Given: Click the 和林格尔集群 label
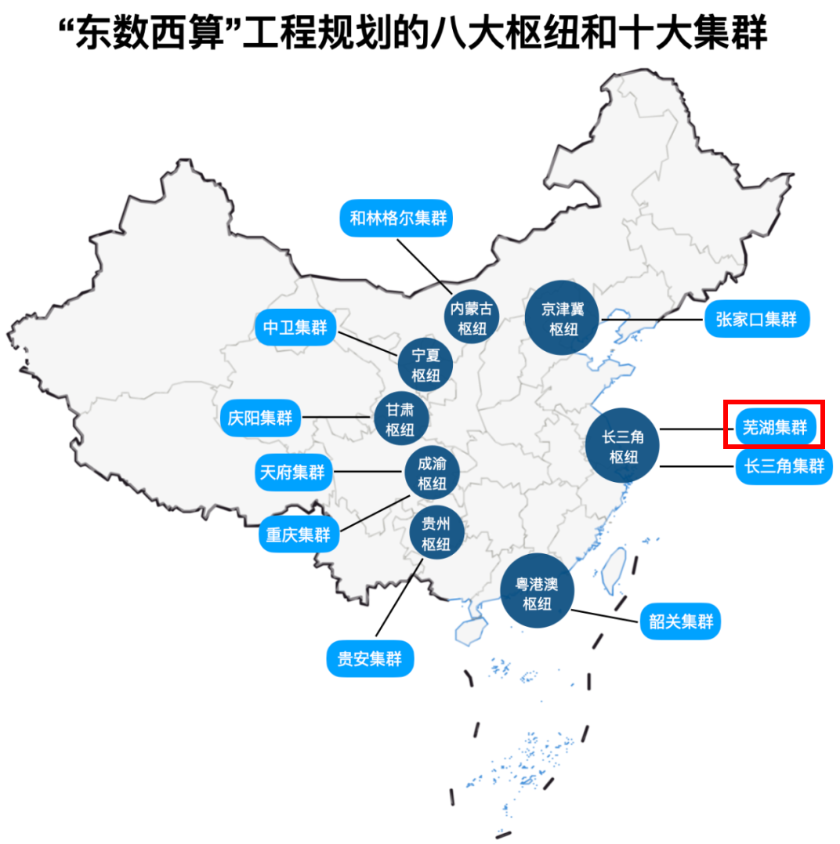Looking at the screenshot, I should click(397, 218).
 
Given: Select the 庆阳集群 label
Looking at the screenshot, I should click(259, 418).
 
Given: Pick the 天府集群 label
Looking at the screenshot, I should click(292, 473).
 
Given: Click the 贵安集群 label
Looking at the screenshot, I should click(369, 659).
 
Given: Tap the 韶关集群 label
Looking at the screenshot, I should click(681, 622).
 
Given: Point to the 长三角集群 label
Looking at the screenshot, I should click(784, 466).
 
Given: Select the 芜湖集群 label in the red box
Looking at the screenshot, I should click(773, 428).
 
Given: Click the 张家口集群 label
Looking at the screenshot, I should click(755, 320).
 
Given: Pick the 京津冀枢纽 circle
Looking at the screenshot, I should click(563, 318).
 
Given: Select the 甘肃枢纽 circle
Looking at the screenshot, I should click(401, 418).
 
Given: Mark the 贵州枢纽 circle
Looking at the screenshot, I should click(436, 534).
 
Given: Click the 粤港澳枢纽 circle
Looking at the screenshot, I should click(538, 593).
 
